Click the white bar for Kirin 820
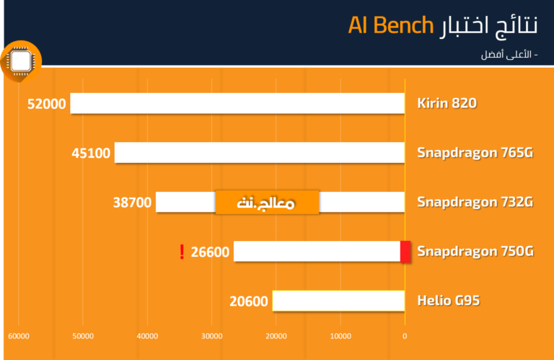[x=237, y=103]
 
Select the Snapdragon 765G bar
[x=260, y=153]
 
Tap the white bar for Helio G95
[x=338, y=301]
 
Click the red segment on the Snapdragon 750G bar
[x=405, y=252]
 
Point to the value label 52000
[x=47, y=104]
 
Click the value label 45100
[x=91, y=154]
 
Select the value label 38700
[x=132, y=203]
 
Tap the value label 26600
[x=210, y=253]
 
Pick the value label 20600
[x=249, y=302]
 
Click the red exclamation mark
[x=182, y=252]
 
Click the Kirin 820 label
[x=447, y=103]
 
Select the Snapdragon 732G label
[x=475, y=202]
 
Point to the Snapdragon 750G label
[x=475, y=252]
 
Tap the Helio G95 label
[x=449, y=301]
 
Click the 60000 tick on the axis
[x=19, y=336]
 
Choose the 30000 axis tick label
[x=212, y=336]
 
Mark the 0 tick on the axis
[x=405, y=336]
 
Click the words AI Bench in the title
[x=391, y=25]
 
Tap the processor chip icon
[x=21, y=61]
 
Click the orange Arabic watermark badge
[x=267, y=203]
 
